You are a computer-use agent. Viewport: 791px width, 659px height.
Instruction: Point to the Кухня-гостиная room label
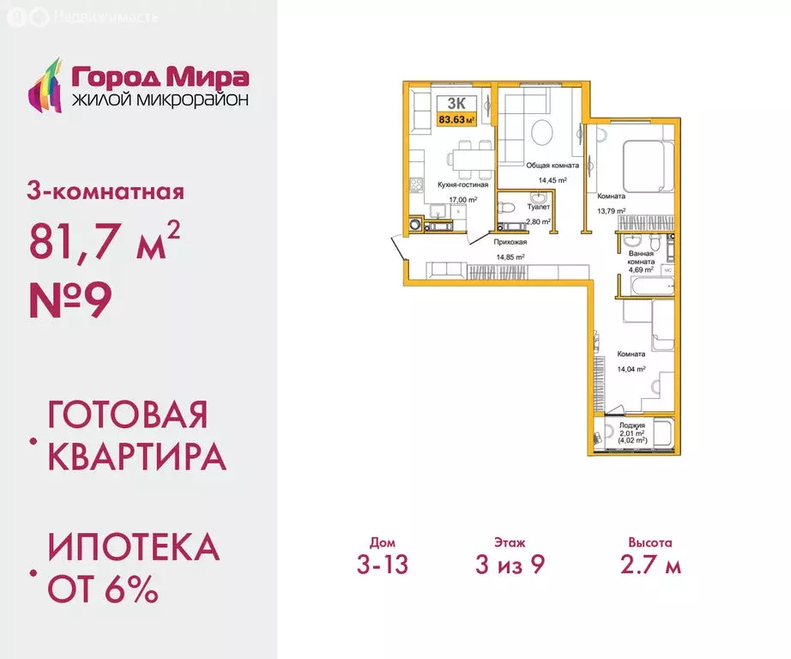click(462, 184)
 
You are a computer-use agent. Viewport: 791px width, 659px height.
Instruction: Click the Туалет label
click(538, 207)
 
